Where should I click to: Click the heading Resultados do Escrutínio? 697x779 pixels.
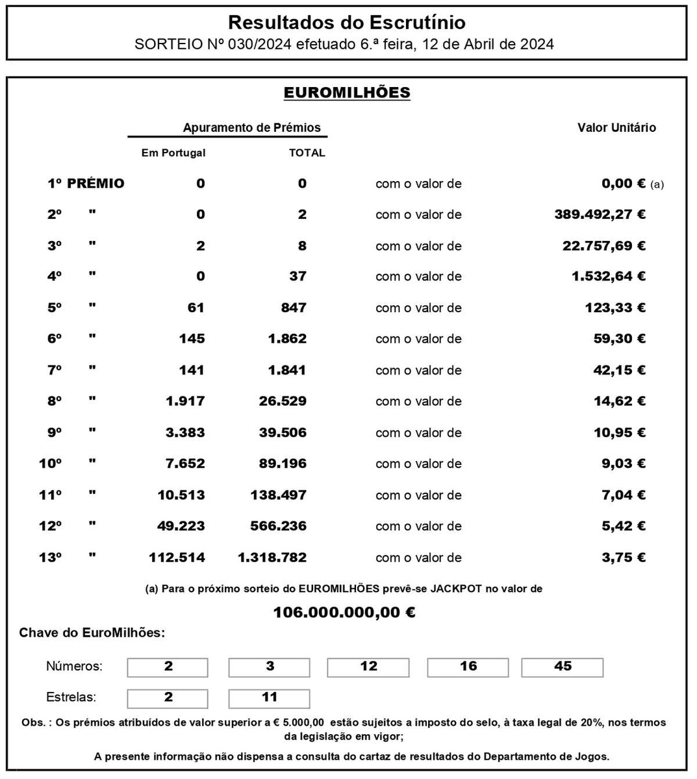tap(347, 23)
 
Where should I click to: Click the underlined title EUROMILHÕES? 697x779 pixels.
tap(347, 93)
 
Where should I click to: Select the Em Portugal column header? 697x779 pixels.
tap(173, 153)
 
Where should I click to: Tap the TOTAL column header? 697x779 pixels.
tap(307, 153)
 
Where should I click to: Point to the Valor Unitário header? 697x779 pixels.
tap(616, 128)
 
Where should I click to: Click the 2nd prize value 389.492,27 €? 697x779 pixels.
tap(600, 215)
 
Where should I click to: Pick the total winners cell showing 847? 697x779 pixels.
tap(294, 308)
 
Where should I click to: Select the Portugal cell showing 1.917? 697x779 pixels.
tap(185, 401)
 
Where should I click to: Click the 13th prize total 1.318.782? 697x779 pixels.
tap(272, 558)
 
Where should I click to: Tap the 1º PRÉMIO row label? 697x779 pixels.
tap(86, 184)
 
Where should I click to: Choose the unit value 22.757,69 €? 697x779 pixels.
tap(603, 246)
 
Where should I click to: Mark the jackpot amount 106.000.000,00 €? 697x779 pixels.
tap(344, 612)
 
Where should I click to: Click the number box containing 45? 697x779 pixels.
tap(563, 667)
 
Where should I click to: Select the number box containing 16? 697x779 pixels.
tap(468, 667)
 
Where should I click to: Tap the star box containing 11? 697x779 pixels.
tap(270, 698)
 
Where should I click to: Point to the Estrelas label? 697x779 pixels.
tap(71, 698)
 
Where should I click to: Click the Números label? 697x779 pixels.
tap(74, 667)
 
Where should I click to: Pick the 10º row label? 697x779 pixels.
tap(51, 464)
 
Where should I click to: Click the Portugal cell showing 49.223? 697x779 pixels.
tap(181, 526)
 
